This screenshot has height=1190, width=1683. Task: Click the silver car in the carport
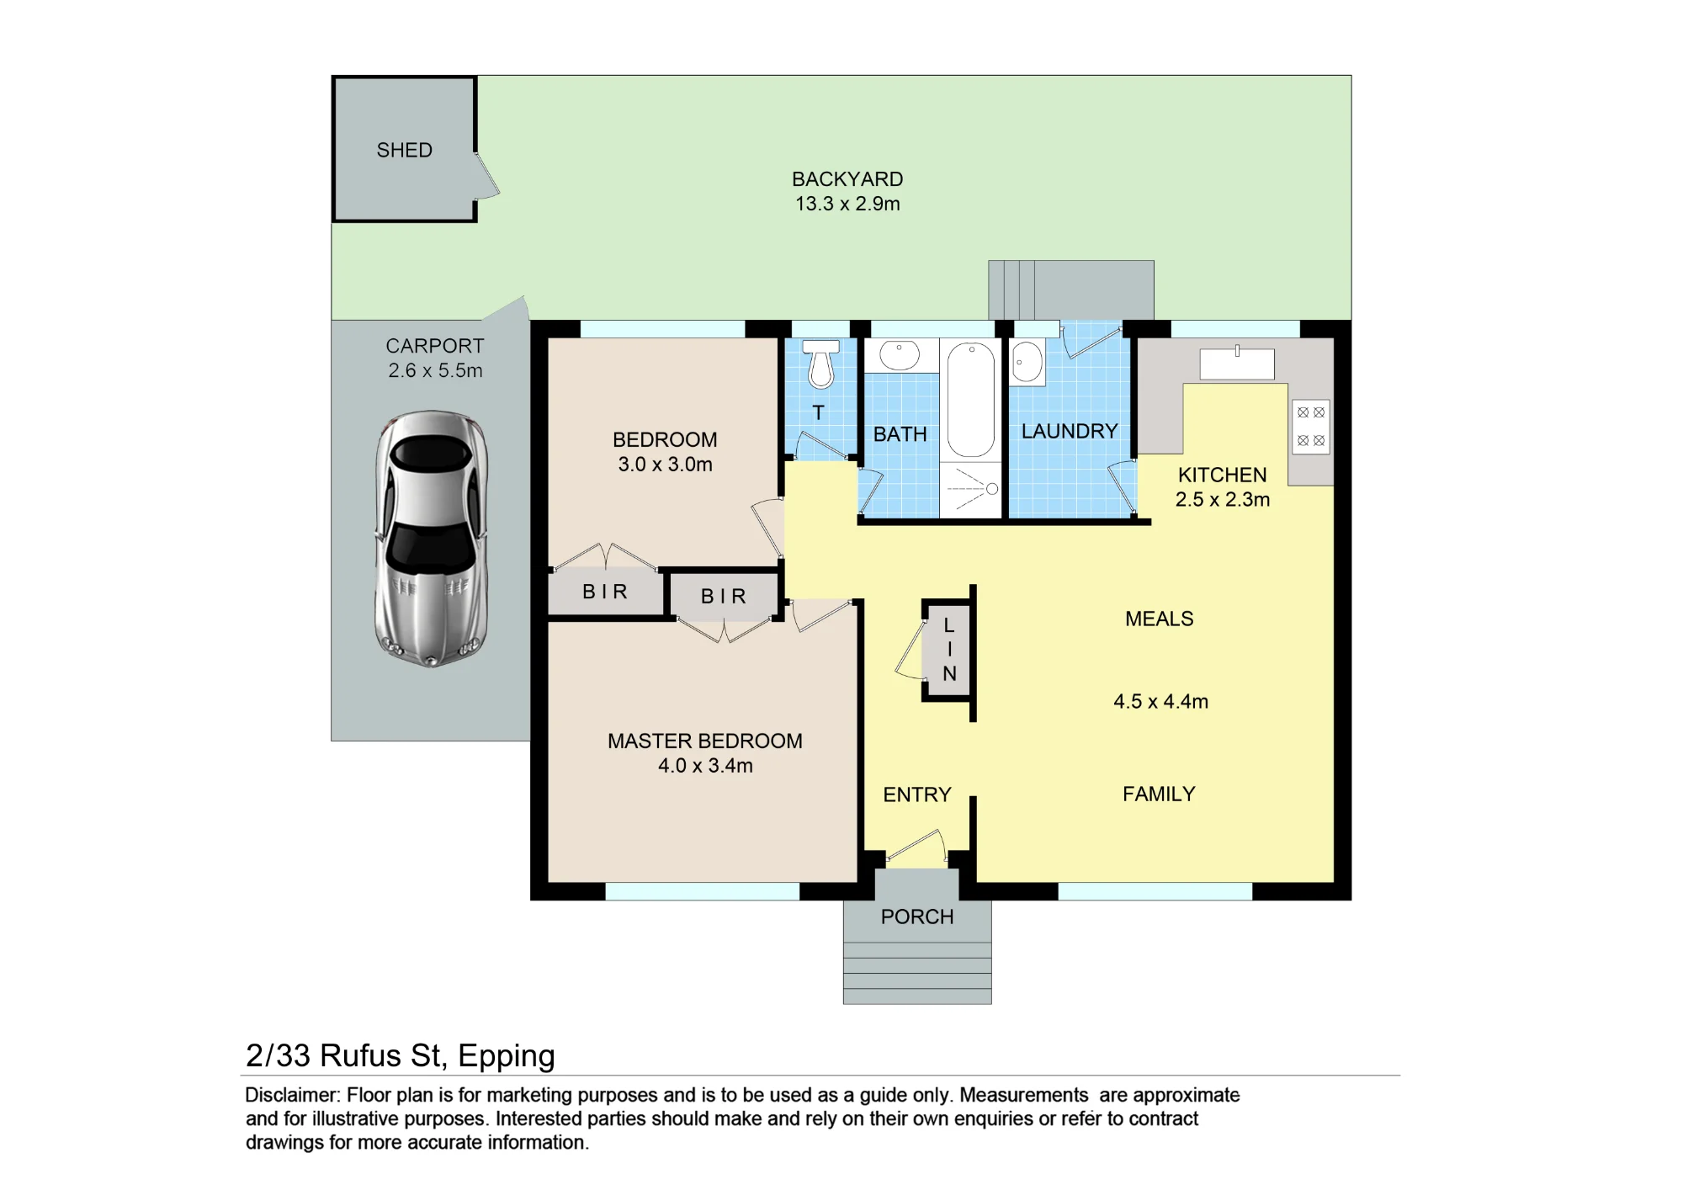pos(431,539)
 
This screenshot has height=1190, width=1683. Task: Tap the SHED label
pos(405,150)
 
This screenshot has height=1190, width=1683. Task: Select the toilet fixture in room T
pos(820,364)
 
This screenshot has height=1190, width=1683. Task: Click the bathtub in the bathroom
pos(971,400)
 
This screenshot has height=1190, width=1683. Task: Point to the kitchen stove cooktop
pos(1311,427)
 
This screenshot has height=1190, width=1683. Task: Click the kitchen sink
pos(1237,364)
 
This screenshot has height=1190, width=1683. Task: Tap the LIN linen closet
pos(949,650)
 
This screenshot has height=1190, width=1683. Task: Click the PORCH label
pos(917,916)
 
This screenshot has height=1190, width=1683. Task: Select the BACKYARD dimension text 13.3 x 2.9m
pos(847,204)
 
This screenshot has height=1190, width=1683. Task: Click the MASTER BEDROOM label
pos(705,741)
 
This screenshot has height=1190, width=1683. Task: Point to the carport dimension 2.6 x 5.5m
pos(435,370)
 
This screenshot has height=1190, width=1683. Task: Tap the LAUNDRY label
pos(1070,431)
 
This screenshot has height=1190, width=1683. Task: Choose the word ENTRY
pos(917,794)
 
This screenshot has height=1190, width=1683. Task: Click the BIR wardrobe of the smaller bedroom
pos(605,592)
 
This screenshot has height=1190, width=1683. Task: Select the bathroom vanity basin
pos(900,355)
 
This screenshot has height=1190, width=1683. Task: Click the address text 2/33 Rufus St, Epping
pos(401,1055)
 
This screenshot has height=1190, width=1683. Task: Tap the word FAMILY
pos(1159,794)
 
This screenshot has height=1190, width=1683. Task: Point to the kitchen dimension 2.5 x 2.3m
pos(1223,499)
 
